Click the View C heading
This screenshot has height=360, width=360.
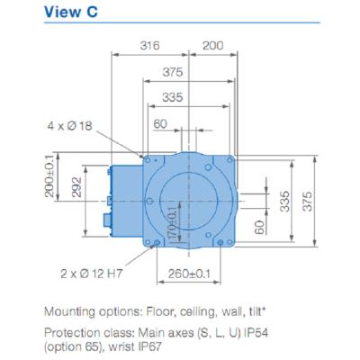(x=71, y=12)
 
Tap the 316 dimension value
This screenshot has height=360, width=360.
(x=149, y=46)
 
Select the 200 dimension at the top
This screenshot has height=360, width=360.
(x=213, y=46)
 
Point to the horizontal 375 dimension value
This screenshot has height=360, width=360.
(x=173, y=72)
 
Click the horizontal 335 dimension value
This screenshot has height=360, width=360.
(x=173, y=97)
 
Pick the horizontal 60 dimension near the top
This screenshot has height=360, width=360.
(x=160, y=123)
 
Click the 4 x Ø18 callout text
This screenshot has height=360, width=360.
(x=69, y=126)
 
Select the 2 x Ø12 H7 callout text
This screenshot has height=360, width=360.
(x=92, y=274)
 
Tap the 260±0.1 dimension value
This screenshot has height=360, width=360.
(x=189, y=274)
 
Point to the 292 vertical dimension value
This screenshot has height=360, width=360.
(x=77, y=187)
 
